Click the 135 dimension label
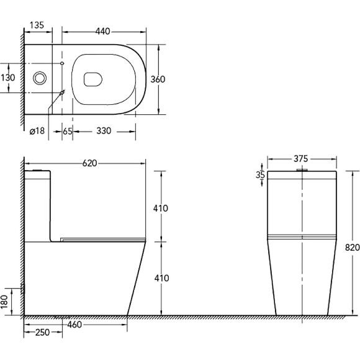36,26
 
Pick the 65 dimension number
67,132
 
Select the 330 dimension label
104,132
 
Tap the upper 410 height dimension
160,209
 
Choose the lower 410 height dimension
160,278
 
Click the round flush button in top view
40,78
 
